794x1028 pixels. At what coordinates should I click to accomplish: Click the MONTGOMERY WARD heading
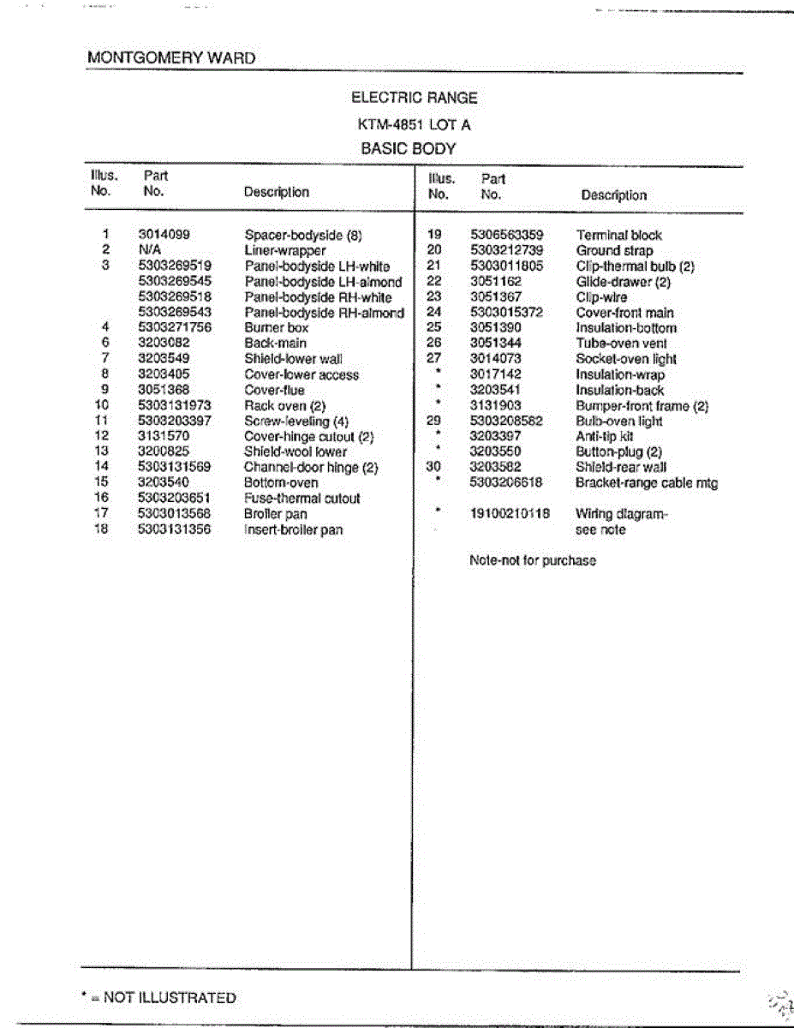click(x=171, y=58)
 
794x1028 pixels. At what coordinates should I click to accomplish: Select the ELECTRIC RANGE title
click(x=414, y=98)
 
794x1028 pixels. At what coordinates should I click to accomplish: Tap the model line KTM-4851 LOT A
click(x=414, y=124)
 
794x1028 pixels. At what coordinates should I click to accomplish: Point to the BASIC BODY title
click(x=408, y=148)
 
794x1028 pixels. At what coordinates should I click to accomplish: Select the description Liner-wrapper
click(x=285, y=250)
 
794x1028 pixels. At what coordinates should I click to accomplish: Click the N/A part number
click(x=150, y=250)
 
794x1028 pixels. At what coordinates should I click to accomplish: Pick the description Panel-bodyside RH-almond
click(x=324, y=313)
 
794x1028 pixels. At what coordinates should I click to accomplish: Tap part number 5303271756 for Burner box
click(x=175, y=327)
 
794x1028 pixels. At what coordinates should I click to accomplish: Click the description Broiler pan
click(x=275, y=514)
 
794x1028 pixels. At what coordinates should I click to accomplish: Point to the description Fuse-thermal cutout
click(x=301, y=499)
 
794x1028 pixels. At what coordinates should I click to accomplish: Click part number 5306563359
click(x=506, y=235)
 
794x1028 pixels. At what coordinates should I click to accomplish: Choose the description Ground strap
click(x=614, y=250)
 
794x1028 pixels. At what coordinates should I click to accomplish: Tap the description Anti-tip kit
click(x=604, y=436)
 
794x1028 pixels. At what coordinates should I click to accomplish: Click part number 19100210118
click(x=510, y=514)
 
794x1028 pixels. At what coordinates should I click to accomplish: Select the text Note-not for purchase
click(x=532, y=561)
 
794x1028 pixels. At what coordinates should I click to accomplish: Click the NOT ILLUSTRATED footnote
click(x=159, y=997)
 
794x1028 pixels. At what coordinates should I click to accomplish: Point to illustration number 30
click(x=433, y=467)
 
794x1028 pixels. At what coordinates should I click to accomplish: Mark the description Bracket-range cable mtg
click(x=647, y=483)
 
